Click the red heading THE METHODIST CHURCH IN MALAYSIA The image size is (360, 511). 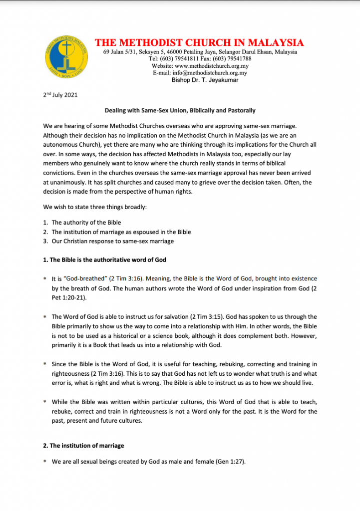[x=199, y=42]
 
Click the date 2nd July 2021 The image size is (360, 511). [x=60, y=95]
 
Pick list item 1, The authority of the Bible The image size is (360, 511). [x=86, y=223]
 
